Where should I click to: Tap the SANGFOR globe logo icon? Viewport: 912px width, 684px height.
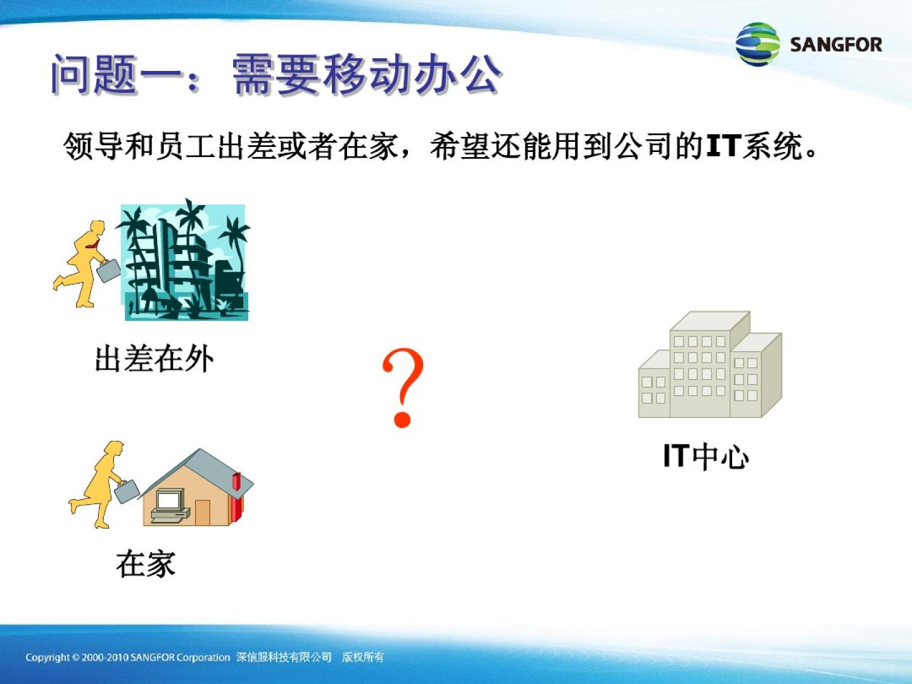(x=758, y=44)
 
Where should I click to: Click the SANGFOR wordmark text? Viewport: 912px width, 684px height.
(x=836, y=44)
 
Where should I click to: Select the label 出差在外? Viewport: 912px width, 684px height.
(x=154, y=359)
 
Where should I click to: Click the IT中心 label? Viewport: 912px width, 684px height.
(x=706, y=457)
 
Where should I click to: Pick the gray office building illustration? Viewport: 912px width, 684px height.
(x=710, y=364)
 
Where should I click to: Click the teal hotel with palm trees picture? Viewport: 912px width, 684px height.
(x=184, y=260)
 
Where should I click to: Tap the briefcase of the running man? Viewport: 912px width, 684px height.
(x=108, y=270)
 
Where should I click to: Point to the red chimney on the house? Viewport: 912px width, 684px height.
(x=237, y=497)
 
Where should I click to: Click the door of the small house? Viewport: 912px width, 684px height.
(x=202, y=512)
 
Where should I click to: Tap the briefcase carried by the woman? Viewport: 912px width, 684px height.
(x=127, y=491)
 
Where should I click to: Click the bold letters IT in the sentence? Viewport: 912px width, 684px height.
(x=724, y=146)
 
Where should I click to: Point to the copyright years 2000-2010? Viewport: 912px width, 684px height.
(x=106, y=657)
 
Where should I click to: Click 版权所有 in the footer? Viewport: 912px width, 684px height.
(x=363, y=657)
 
